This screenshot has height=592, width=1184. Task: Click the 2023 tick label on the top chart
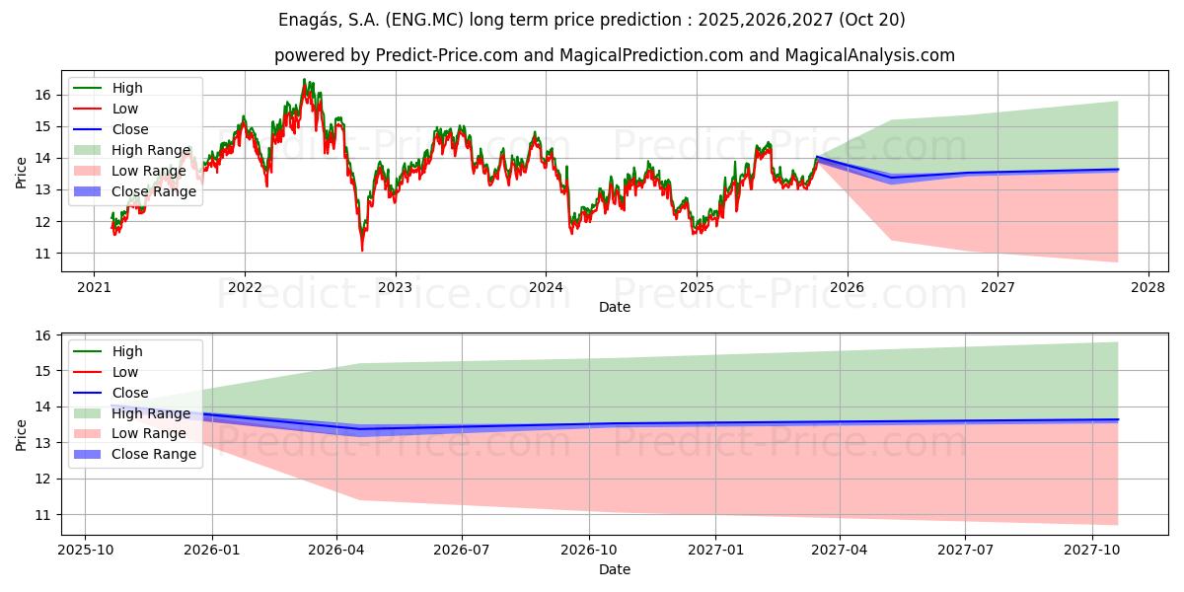(395, 288)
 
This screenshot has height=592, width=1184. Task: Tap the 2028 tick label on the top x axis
(1147, 288)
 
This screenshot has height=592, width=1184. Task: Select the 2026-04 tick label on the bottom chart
(336, 551)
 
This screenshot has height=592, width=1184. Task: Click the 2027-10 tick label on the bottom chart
(1092, 551)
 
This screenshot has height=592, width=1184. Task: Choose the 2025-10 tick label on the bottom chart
(85, 551)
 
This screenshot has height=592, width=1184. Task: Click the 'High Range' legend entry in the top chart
(151, 150)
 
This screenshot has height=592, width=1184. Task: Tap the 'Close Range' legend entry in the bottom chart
(154, 454)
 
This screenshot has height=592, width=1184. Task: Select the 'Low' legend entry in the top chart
(125, 109)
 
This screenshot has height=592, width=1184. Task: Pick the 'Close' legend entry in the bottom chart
(130, 393)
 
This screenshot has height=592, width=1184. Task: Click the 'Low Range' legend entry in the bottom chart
(149, 433)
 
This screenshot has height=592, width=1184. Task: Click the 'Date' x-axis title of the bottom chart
(614, 569)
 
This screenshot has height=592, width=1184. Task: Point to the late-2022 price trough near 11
(362, 250)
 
